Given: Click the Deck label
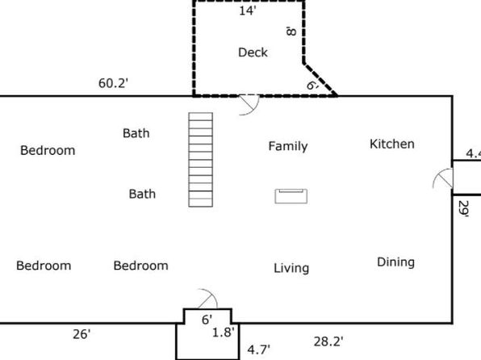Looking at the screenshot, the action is [253, 52].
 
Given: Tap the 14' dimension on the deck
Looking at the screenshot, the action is [247, 10].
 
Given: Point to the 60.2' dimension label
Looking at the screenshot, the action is [113, 83].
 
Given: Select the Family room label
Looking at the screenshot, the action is [288, 146].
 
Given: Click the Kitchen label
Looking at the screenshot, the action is [392, 144].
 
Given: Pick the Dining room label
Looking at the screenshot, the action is [395, 262].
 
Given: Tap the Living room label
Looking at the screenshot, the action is [291, 268].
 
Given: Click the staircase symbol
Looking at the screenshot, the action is [201, 160].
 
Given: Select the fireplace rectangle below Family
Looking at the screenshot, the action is [291, 196].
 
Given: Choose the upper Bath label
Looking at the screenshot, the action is [136, 133].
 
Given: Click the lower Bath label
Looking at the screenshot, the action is [142, 194].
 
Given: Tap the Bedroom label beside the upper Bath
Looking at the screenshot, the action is [48, 150].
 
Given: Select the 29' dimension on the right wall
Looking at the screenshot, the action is [463, 209].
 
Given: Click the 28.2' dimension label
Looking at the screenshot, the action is [328, 341].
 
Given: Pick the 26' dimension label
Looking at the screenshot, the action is [82, 334].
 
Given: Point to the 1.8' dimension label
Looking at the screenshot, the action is [224, 332].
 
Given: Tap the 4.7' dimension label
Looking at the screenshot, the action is [259, 350].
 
